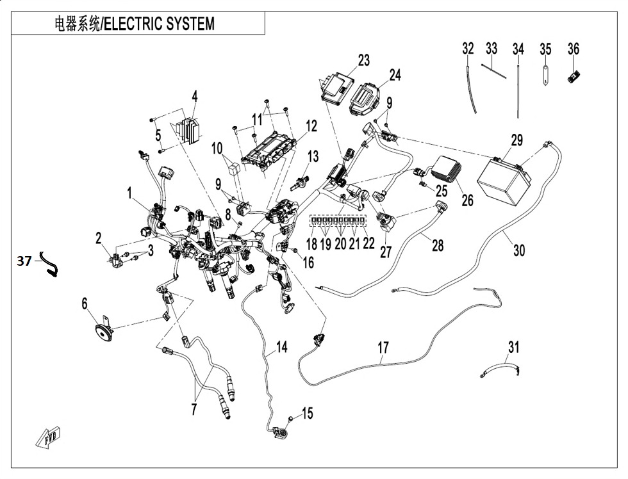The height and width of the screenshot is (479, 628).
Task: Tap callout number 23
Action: click(x=364, y=61)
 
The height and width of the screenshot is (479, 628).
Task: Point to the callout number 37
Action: click(x=24, y=261)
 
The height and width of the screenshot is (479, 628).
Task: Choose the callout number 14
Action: click(x=281, y=348)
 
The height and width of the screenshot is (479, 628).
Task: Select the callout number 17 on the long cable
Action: click(x=383, y=348)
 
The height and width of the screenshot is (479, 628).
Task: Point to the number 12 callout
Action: click(x=311, y=127)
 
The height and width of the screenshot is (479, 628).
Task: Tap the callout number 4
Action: click(x=194, y=97)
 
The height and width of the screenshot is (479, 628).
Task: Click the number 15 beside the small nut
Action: click(x=307, y=414)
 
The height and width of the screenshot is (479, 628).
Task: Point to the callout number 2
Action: click(x=99, y=239)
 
